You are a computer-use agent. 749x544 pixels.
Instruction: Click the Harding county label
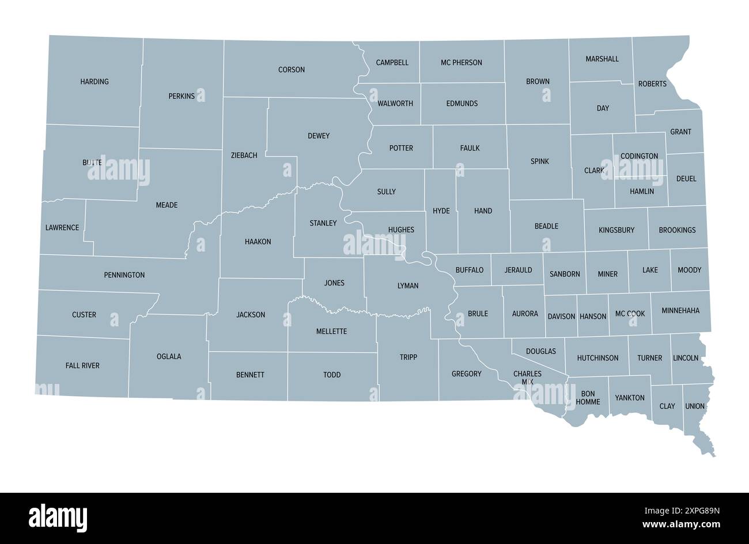[x=94, y=82]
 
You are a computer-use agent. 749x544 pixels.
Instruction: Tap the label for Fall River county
[x=82, y=366]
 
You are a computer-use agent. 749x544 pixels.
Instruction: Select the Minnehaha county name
[x=680, y=311]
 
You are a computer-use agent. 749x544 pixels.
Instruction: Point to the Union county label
[x=695, y=406]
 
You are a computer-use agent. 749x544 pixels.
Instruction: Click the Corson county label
[x=292, y=70]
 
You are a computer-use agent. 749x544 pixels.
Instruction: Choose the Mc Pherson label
[x=461, y=63]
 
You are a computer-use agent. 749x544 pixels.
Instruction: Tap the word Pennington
[x=124, y=275]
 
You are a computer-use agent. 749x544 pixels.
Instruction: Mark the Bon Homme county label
[x=588, y=398]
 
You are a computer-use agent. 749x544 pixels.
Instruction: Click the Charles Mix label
[x=527, y=378]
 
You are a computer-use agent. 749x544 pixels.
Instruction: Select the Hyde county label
[x=441, y=211]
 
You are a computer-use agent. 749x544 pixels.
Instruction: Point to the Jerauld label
[x=519, y=270]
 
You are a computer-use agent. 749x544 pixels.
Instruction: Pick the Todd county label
[x=332, y=375]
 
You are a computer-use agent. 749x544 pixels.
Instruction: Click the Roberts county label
[x=652, y=84]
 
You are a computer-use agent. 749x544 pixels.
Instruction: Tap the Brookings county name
[x=677, y=230]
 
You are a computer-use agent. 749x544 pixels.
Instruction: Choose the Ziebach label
[x=244, y=155]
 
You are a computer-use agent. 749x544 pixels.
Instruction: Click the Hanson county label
[x=593, y=317]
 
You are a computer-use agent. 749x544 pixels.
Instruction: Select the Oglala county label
[x=169, y=357]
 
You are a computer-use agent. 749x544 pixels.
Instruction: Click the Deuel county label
[x=686, y=179]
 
